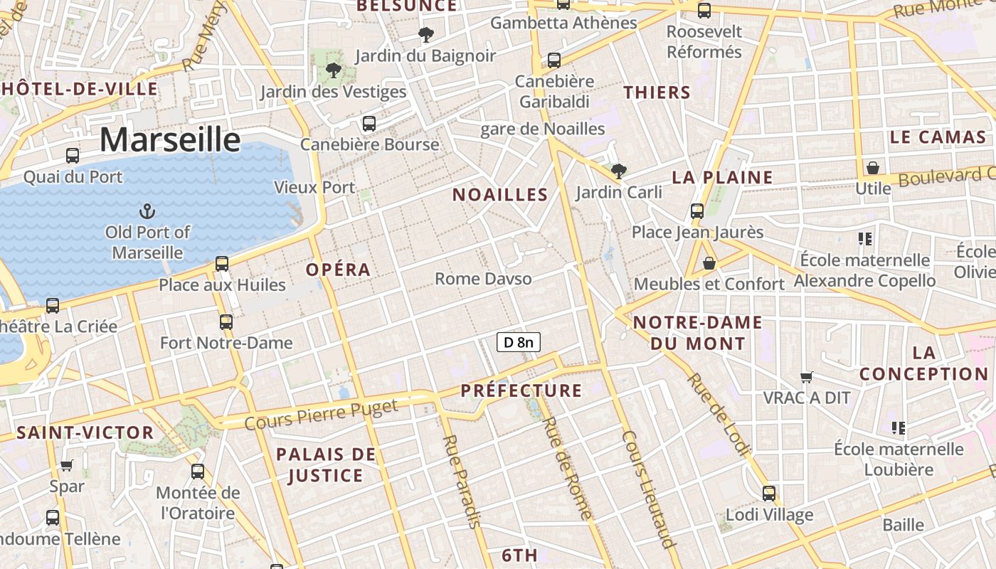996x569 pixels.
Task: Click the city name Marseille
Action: [170, 139]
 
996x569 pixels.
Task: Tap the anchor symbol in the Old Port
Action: [147, 211]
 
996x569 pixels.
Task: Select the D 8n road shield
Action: [519, 342]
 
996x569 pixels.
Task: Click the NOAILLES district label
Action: [500, 195]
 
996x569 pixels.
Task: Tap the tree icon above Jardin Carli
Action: [619, 171]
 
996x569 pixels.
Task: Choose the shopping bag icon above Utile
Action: [872, 169]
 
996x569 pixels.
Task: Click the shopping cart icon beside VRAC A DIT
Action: [806, 377]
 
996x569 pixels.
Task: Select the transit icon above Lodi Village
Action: [769, 493]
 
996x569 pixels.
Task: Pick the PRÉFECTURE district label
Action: [521, 390]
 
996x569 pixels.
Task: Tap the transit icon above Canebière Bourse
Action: [369, 123]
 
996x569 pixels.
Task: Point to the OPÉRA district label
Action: [339, 270]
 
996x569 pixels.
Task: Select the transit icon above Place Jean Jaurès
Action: [697, 211]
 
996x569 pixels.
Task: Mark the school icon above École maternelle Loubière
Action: [899, 427]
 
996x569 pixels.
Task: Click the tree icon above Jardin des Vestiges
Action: [333, 70]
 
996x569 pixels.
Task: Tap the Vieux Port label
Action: [314, 188]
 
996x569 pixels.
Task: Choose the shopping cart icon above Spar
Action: [67, 466]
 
